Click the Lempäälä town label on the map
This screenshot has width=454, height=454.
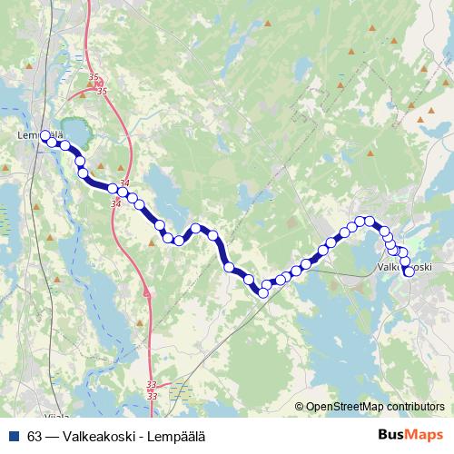(40, 136)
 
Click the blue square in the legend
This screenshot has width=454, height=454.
(13, 433)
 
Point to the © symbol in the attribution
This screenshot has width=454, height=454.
(299, 407)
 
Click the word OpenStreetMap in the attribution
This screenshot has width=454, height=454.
(346, 407)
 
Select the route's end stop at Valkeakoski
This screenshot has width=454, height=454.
(409, 271)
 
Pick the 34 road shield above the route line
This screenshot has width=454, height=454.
(125, 184)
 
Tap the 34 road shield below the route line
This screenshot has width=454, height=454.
(114, 203)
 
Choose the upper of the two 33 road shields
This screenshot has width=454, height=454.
(152, 387)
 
